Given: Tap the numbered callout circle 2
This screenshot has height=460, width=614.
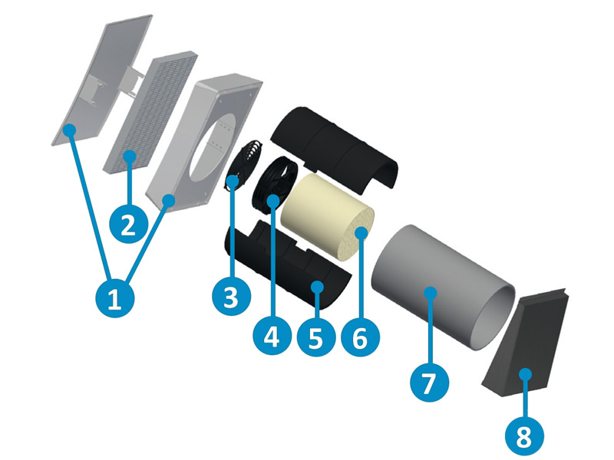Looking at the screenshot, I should click(128, 224).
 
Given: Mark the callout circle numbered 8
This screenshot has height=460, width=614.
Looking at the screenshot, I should click(523, 437).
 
